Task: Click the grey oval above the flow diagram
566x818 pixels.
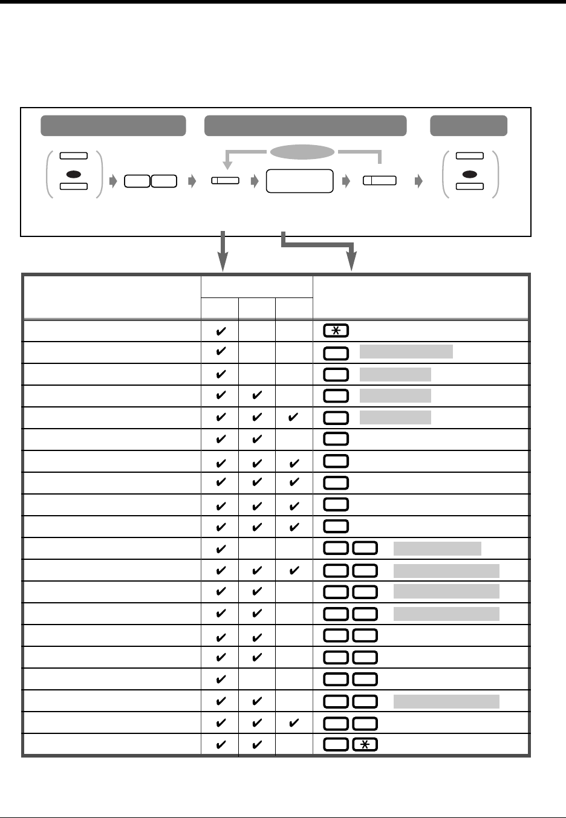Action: [302, 152]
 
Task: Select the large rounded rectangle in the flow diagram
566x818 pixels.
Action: [299, 181]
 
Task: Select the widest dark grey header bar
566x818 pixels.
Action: [305, 125]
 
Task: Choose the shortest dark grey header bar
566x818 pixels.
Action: [469, 125]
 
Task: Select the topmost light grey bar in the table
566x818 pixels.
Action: [406, 352]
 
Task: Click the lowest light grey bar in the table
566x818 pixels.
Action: [446, 701]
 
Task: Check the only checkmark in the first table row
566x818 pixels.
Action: [221, 331]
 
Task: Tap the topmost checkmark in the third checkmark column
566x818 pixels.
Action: [294, 418]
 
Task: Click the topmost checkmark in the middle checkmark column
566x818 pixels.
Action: [257, 396]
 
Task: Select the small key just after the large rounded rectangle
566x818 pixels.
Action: [380, 180]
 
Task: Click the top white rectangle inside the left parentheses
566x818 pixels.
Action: [74, 155]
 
